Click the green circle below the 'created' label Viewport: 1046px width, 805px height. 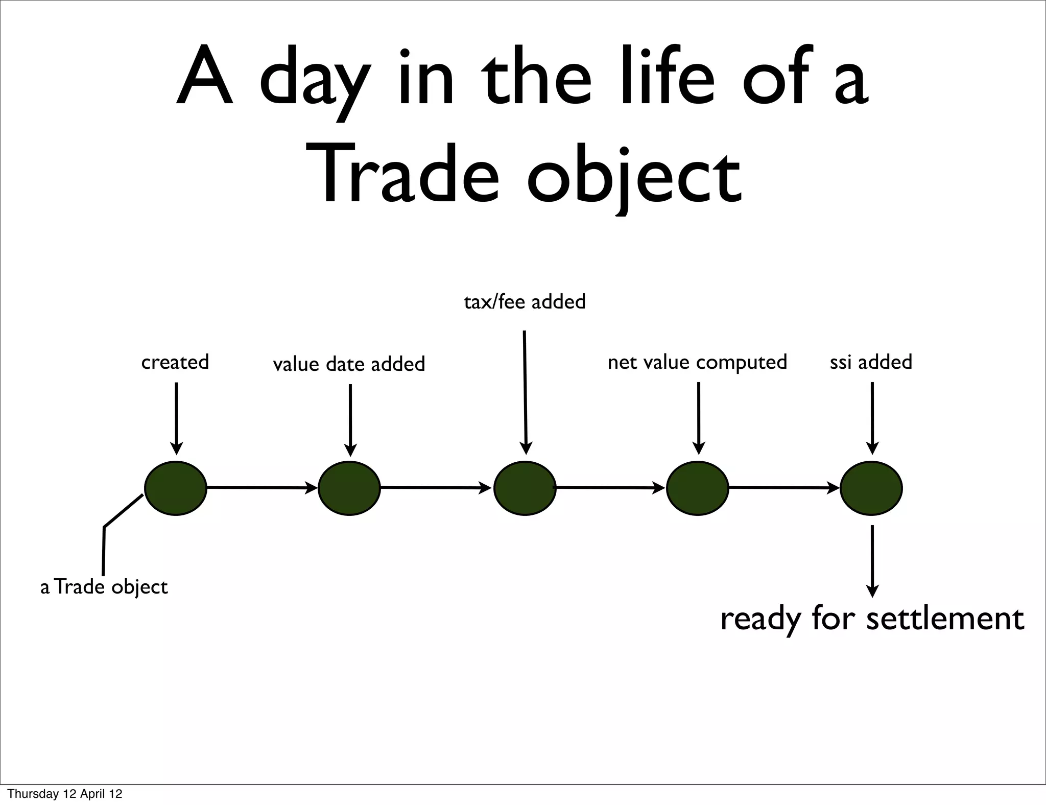(176, 488)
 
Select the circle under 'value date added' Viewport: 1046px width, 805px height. (349, 488)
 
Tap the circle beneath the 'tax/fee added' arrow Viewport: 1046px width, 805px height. (525, 488)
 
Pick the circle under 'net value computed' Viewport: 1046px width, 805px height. (698, 488)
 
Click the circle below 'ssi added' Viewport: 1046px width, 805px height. (871, 488)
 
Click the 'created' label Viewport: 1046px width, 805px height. (175, 362)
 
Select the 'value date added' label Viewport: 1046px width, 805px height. (349, 364)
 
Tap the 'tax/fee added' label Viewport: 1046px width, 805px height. (525, 302)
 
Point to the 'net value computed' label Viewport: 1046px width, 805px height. (697, 363)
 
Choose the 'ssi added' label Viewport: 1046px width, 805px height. (871, 362)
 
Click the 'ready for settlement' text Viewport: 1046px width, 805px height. (872, 619)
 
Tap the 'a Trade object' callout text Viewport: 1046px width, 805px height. (104, 587)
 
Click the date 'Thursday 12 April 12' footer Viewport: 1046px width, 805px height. (65, 794)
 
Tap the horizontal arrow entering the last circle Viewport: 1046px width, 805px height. (784, 488)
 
